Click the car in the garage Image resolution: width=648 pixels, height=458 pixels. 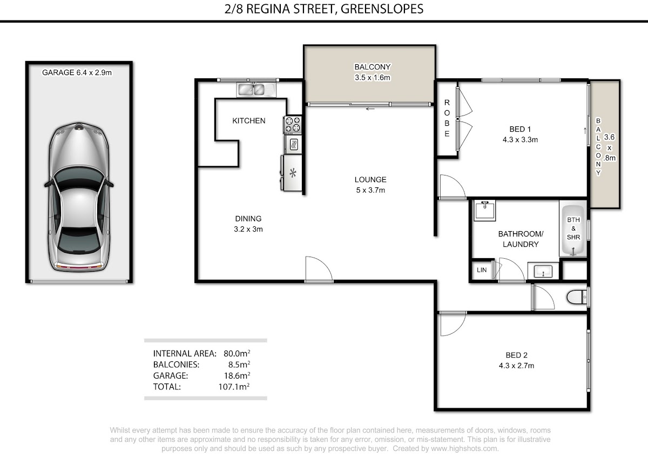pyautogui.click(x=79, y=197)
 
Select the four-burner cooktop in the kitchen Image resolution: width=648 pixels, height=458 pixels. pyautogui.click(x=293, y=125)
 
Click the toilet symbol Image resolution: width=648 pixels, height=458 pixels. pyautogui.click(x=577, y=297)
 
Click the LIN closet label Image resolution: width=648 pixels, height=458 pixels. pyautogui.click(x=482, y=270)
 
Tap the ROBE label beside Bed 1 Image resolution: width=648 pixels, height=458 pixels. pyautogui.click(x=447, y=118)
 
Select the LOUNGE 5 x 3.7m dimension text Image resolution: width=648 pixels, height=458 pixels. pyautogui.click(x=370, y=190)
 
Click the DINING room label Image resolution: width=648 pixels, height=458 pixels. pyautogui.click(x=248, y=218)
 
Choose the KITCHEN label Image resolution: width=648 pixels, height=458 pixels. pyautogui.click(x=249, y=120)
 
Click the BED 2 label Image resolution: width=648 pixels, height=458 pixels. pyautogui.click(x=517, y=355)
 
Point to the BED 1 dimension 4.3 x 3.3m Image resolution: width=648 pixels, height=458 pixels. pyautogui.click(x=520, y=140)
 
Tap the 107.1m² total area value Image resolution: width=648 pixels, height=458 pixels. pyautogui.click(x=234, y=387)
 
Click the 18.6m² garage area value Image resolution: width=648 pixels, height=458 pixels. pyautogui.click(x=237, y=375)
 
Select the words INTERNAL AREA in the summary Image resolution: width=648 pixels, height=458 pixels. pyautogui.click(x=185, y=354)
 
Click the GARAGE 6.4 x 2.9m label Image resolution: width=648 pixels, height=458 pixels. pyautogui.click(x=77, y=72)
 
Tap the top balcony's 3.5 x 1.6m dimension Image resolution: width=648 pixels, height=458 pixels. pyautogui.click(x=373, y=78)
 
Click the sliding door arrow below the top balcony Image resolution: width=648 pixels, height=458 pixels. pyautogui.click(x=370, y=109)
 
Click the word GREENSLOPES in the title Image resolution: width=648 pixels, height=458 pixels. pyautogui.click(x=382, y=9)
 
